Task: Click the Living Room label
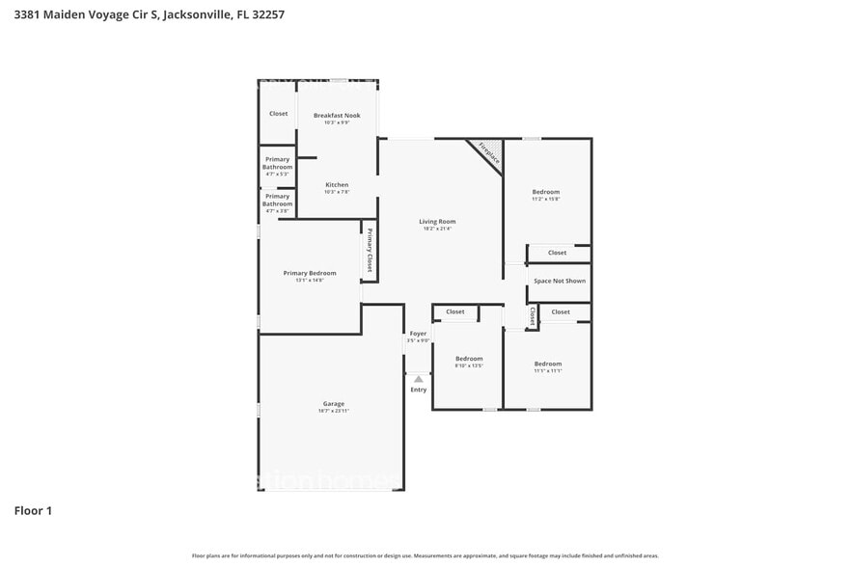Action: (x=437, y=221)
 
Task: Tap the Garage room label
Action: (x=333, y=403)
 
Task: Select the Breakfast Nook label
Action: (x=337, y=115)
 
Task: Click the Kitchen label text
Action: (x=337, y=184)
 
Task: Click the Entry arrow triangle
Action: (x=418, y=379)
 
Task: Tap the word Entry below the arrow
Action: (x=418, y=390)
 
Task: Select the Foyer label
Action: (x=418, y=334)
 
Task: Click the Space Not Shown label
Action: (x=560, y=281)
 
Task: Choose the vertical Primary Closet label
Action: (x=369, y=254)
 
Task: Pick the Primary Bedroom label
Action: (x=310, y=273)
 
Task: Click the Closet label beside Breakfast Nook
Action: (x=278, y=113)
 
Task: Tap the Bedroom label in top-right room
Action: (x=546, y=192)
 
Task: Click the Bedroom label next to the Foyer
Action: (x=469, y=359)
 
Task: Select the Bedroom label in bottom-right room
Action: (x=547, y=364)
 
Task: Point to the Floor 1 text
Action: (x=33, y=510)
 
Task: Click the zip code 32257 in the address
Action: (x=266, y=14)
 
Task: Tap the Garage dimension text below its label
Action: (x=333, y=411)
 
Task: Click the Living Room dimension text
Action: (x=437, y=229)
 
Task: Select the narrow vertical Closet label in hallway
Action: (x=533, y=315)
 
